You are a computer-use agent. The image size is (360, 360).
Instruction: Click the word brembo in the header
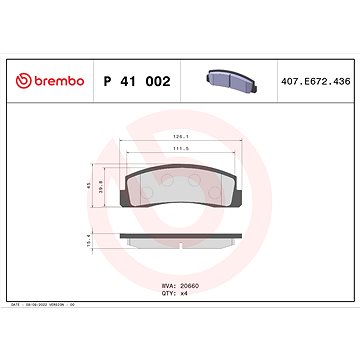coord(61,79)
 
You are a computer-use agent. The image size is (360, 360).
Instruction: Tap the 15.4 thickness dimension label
coord(93,242)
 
